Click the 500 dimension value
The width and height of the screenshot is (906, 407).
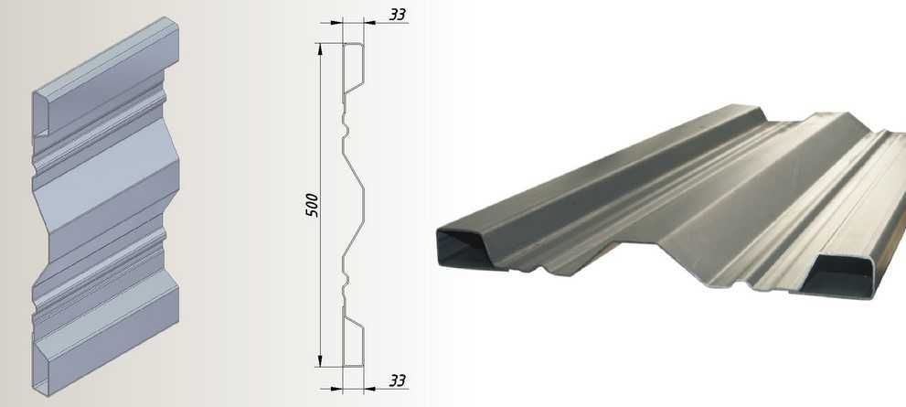(312, 205)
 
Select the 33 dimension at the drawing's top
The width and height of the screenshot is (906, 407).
(397, 14)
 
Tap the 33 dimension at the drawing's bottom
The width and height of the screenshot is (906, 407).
(397, 380)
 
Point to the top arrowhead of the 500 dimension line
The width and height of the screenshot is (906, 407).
(320, 49)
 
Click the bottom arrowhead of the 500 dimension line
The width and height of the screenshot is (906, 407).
(320, 359)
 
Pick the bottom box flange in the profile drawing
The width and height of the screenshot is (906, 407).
(354, 341)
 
